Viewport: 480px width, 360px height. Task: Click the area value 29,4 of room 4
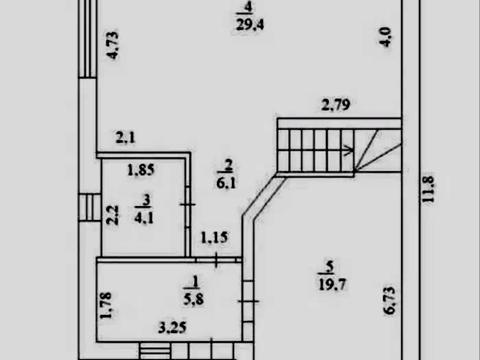click(250, 25)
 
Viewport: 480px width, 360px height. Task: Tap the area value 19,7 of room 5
click(332, 285)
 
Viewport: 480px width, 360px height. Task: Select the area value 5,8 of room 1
click(193, 299)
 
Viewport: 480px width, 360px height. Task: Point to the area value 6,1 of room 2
click(226, 183)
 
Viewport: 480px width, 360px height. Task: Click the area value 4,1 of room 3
click(144, 218)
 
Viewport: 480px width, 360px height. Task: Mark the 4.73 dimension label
click(113, 45)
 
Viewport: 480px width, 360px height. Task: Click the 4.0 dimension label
click(385, 37)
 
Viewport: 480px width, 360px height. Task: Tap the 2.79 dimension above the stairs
click(336, 105)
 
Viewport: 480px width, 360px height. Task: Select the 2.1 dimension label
click(126, 137)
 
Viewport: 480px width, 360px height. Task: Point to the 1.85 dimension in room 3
click(141, 170)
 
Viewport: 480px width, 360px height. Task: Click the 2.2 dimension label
click(113, 215)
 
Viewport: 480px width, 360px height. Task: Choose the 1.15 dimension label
click(214, 238)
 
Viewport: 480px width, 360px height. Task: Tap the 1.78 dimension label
click(106, 306)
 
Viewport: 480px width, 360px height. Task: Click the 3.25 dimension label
click(172, 328)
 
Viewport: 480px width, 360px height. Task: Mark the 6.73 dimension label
click(389, 300)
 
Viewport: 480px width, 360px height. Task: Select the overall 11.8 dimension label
click(428, 189)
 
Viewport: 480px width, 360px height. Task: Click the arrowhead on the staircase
click(349, 150)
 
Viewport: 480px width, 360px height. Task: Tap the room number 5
click(330, 267)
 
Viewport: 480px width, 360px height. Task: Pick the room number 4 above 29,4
click(248, 7)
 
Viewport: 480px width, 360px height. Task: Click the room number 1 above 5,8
click(195, 282)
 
